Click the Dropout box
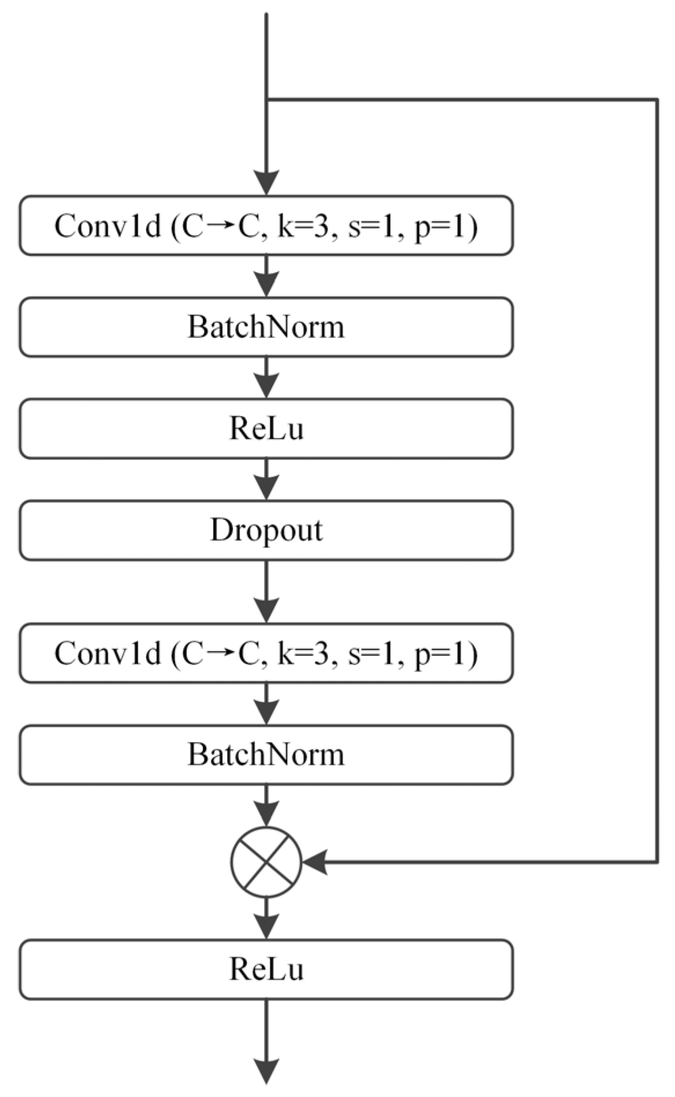266,530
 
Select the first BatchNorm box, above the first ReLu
266,327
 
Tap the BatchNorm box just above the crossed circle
266,754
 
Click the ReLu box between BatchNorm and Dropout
266,429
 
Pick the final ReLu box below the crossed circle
266,969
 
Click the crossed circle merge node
266,862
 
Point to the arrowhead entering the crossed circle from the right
315,862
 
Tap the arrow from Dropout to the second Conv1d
266,592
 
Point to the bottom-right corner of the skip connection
657,862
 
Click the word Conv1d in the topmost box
107,226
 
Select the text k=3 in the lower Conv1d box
306,653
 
